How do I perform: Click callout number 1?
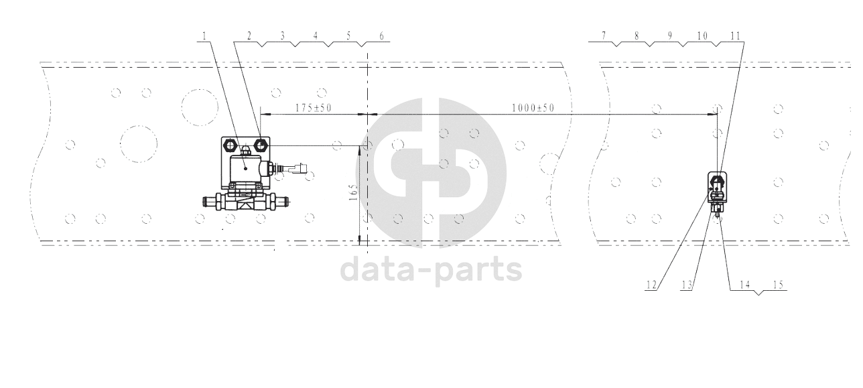(x=204, y=36)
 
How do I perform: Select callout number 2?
(x=249, y=36)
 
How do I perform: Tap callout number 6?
(x=381, y=36)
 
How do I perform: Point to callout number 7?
(x=604, y=36)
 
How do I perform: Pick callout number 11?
(x=735, y=36)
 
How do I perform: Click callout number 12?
(x=651, y=285)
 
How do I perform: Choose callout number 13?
(x=687, y=285)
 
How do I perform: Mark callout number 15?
(x=779, y=285)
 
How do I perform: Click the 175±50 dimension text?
(x=313, y=107)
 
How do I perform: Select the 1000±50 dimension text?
(x=533, y=107)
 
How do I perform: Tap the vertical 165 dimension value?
(x=353, y=192)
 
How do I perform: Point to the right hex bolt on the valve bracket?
(x=261, y=145)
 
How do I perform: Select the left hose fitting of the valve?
(x=212, y=201)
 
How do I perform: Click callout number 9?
(x=669, y=36)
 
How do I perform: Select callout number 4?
(x=315, y=36)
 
